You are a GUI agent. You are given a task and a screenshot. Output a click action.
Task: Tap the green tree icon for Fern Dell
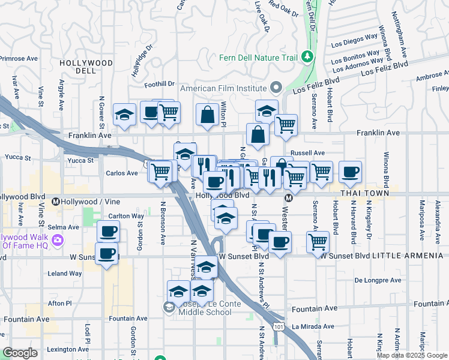308,56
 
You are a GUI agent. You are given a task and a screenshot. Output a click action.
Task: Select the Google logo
20,353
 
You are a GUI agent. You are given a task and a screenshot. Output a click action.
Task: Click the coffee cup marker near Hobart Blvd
350,172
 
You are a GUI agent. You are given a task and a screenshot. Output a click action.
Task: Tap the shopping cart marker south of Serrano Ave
318,242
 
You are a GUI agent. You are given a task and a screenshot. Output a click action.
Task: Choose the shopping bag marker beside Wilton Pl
207,115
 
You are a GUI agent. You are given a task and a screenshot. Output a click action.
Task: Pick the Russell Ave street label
307,153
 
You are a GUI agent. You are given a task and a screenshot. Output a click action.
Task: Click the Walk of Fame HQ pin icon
58,241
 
